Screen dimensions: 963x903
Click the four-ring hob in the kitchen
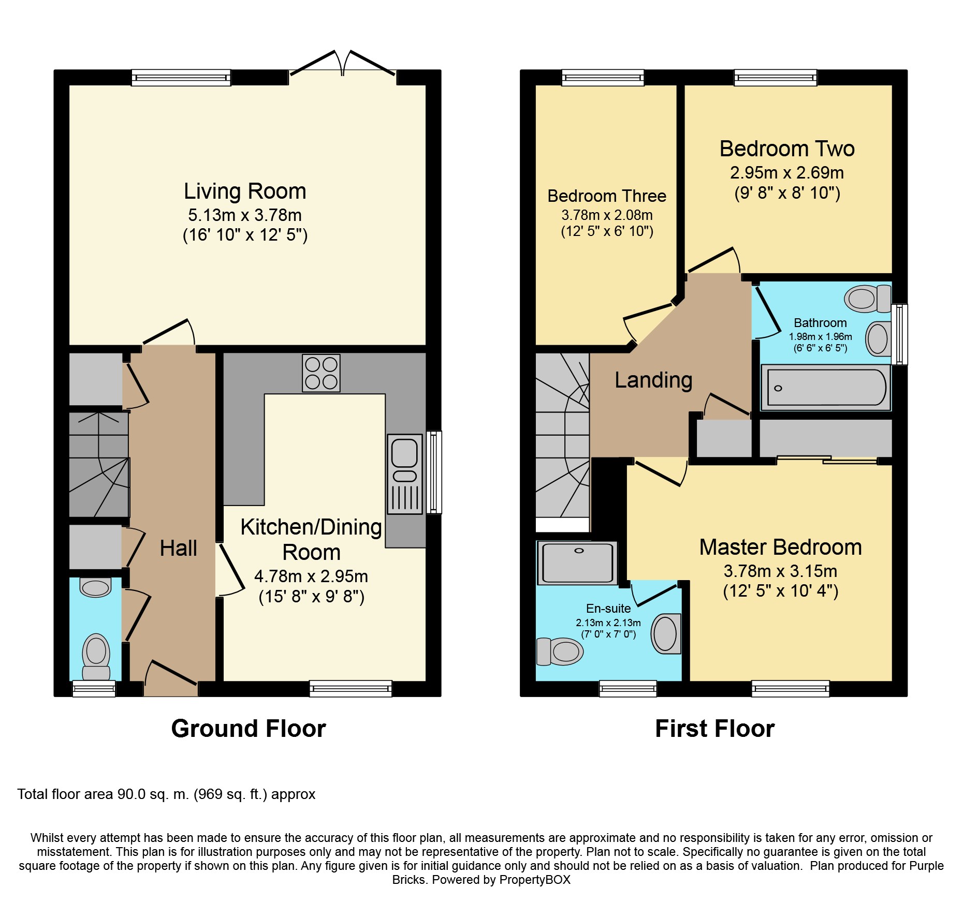(x=321, y=373)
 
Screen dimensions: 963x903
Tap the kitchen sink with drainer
(x=404, y=474)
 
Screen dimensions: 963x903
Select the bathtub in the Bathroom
(x=826, y=387)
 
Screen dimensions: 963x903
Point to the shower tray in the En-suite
(x=577, y=563)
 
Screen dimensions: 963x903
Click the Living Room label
(x=245, y=191)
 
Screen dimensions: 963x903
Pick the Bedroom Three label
(x=607, y=196)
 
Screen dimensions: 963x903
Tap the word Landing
(x=653, y=380)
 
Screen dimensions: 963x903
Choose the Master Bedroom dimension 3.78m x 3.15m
(x=780, y=571)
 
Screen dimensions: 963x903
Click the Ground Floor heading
(x=249, y=729)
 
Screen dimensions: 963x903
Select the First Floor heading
(x=714, y=729)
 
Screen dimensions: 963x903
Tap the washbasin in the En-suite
(x=666, y=633)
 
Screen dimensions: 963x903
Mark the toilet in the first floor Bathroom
(x=868, y=299)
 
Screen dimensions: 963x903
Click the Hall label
(x=178, y=548)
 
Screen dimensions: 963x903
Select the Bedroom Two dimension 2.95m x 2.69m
(x=787, y=172)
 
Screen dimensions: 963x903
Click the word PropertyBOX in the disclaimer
(x=535, y=880)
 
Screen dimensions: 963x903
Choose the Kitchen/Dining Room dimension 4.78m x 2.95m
(x=311, y=576)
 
